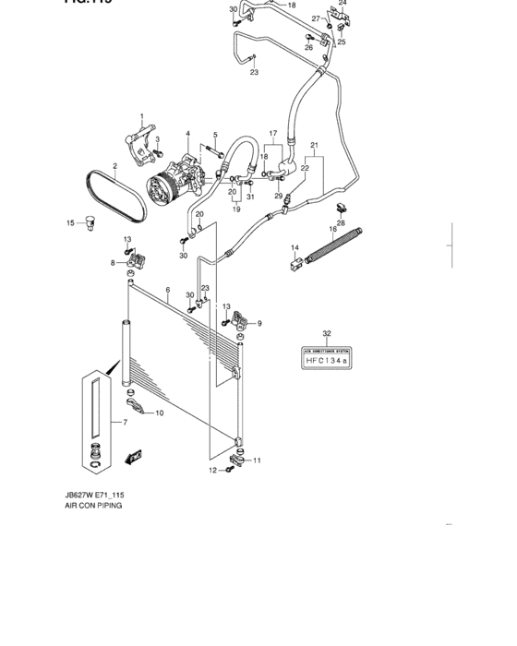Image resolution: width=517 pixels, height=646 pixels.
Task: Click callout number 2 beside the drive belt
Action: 114,167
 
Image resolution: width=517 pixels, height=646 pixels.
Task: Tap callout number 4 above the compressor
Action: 187,134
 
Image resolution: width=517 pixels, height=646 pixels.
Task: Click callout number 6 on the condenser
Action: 167,291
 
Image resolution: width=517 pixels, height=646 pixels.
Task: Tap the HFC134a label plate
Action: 326,359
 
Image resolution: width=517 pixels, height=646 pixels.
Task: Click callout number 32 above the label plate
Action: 326,333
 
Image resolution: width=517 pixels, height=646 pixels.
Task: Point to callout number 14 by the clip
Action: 295,247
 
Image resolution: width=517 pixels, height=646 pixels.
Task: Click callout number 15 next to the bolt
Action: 70,222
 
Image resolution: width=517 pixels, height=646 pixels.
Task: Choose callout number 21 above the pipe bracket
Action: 314,146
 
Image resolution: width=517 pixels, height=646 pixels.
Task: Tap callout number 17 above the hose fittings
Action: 272,134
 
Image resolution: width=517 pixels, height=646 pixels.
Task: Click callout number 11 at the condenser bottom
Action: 258,460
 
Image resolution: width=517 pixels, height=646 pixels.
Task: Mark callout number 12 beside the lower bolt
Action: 211,470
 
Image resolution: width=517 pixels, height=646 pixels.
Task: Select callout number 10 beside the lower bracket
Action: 159,413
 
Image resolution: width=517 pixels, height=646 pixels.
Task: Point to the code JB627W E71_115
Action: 96,495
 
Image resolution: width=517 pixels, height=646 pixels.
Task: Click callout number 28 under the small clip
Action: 340,222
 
